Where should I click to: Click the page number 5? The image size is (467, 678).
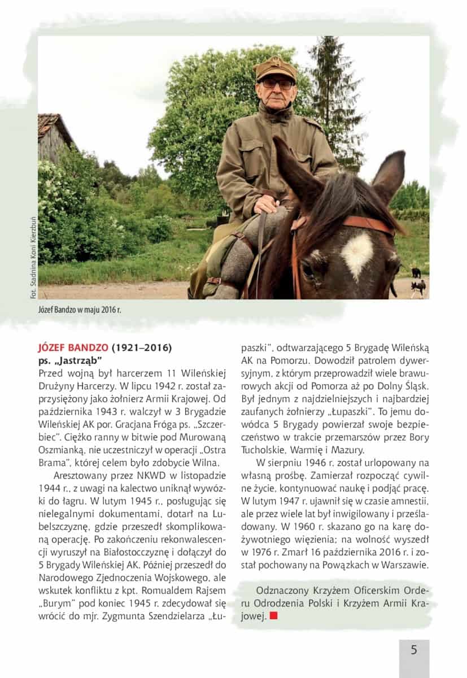click(414, 650)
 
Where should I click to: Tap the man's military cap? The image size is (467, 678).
click(275, 68)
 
